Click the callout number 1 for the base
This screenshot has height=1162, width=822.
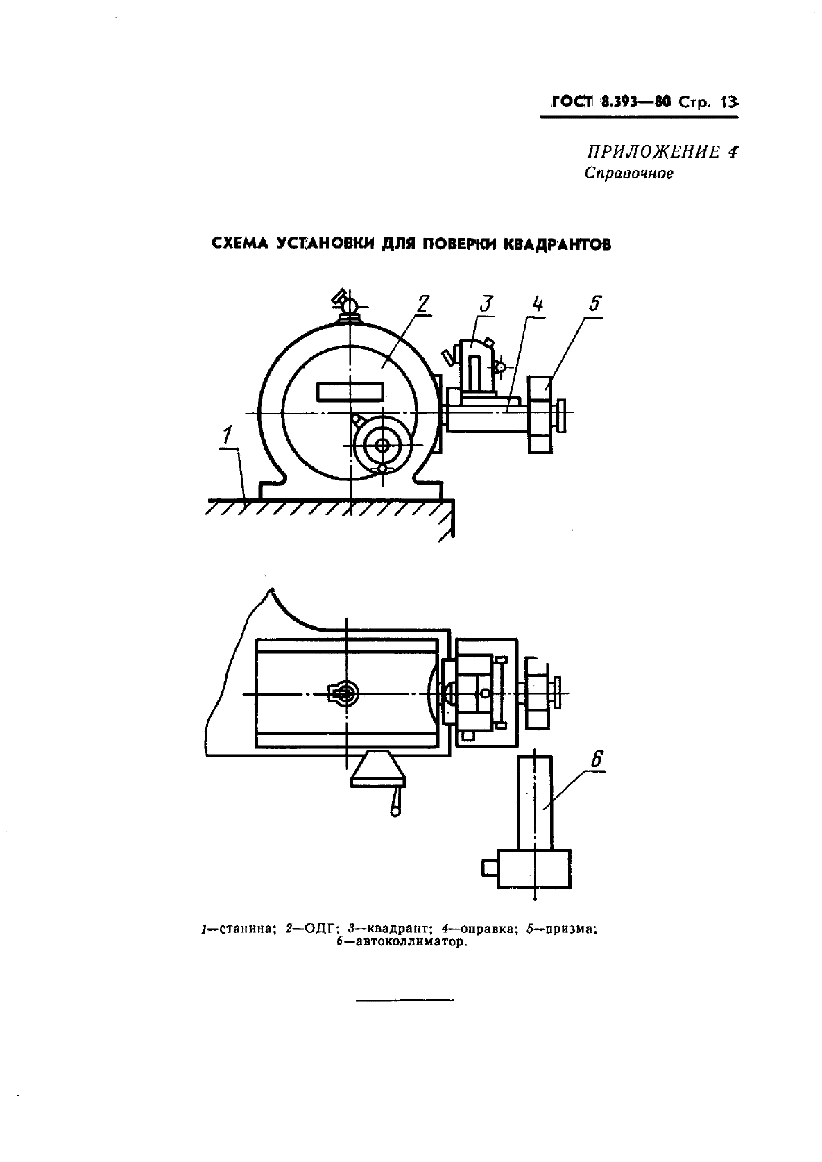227,436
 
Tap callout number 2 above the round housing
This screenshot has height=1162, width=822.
423,303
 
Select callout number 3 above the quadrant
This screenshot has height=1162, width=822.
486,303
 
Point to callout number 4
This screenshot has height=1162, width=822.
538,303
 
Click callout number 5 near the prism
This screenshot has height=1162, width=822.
595,303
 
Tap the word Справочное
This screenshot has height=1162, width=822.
629,174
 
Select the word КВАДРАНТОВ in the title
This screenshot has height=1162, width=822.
558,244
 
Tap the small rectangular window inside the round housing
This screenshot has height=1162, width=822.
350,391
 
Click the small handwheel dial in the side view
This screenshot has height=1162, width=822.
382,445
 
